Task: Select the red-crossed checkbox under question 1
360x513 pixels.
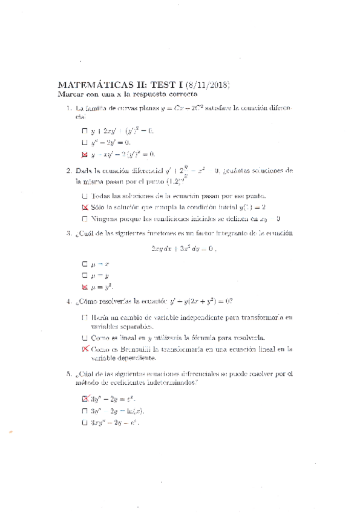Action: point(84,154)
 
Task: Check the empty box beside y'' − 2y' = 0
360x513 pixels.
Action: point(84,142)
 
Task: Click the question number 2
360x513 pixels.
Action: point(69,171)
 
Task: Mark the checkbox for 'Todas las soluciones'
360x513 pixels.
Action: point(84,196)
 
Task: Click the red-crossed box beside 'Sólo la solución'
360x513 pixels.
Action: point(84,207)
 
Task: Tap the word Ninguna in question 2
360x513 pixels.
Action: point(105,218)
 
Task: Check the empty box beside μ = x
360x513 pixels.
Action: point(84,264)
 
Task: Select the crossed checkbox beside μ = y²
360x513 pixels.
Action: point(84,287)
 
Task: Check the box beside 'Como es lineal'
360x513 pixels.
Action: point(84,338)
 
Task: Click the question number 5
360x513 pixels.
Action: point(69,373)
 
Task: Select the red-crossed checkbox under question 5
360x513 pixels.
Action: point(84,399)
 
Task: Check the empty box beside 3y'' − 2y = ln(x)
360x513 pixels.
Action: point(84,411)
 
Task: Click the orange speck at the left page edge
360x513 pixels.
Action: point(10,431)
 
